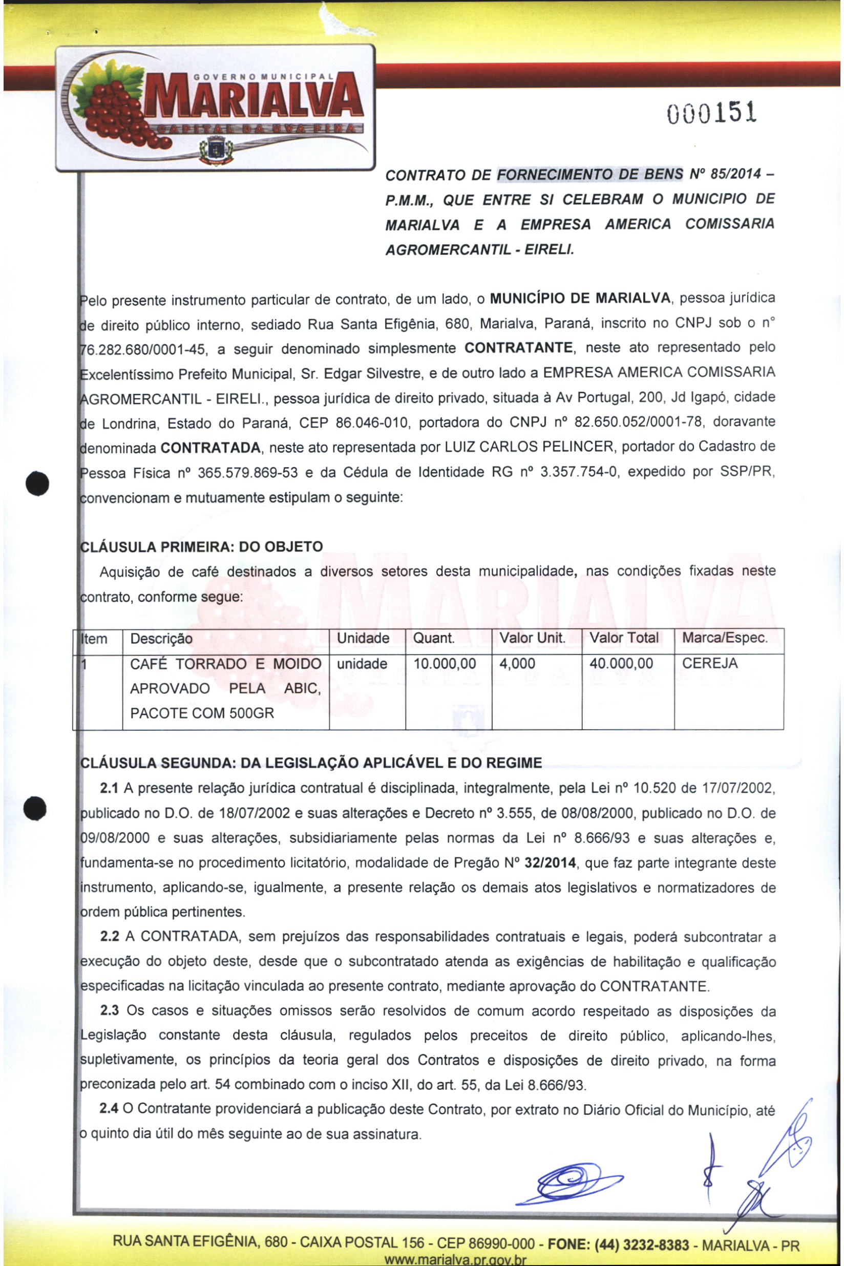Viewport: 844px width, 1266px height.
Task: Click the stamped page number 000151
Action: click(711, 113)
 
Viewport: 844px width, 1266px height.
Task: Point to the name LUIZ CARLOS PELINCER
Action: click(528, 447)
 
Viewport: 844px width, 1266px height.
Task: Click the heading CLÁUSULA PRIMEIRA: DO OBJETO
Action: click(201, 547)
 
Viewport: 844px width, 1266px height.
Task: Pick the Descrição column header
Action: click(161, 639)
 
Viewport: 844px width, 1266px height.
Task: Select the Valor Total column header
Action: click(624, 639)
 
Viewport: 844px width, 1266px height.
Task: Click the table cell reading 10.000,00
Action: click(445, 664)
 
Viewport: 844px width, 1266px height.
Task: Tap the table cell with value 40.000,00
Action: click(621, 664)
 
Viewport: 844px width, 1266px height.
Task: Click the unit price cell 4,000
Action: click(517, 664)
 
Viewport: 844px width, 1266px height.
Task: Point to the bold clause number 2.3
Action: click(109, 1011)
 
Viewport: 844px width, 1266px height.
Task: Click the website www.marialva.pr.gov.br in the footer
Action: click(454, 1260)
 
